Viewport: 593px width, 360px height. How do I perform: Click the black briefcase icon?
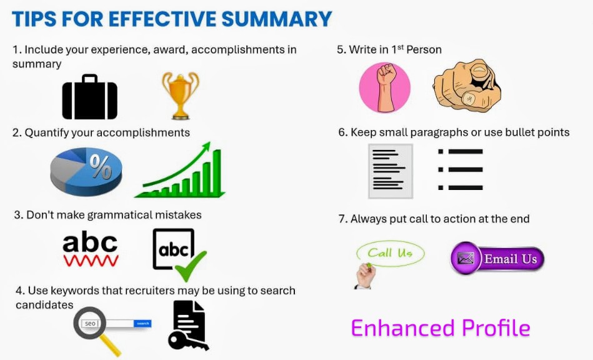(89, 97)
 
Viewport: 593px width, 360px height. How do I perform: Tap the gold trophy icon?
(180, 94)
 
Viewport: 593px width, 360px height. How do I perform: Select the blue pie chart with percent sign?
(86, 170)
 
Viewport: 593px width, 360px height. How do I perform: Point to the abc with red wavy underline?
(90, 248)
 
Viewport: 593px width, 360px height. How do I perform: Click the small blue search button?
(143, 323)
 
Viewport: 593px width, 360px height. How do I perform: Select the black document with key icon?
(187, 326)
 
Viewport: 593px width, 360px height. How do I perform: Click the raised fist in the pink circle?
(384, 87)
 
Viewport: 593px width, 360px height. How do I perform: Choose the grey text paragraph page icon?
(390, 171)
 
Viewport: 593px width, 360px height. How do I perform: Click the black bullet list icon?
(461, 169)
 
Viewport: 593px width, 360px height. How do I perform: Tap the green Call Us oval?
(390, 253)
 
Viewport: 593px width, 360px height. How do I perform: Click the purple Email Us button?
(497, 259)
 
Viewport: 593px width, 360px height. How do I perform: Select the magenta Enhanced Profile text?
(441, 328)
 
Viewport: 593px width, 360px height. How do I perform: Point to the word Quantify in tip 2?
(46, 132)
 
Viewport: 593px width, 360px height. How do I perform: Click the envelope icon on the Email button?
(466, 259)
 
